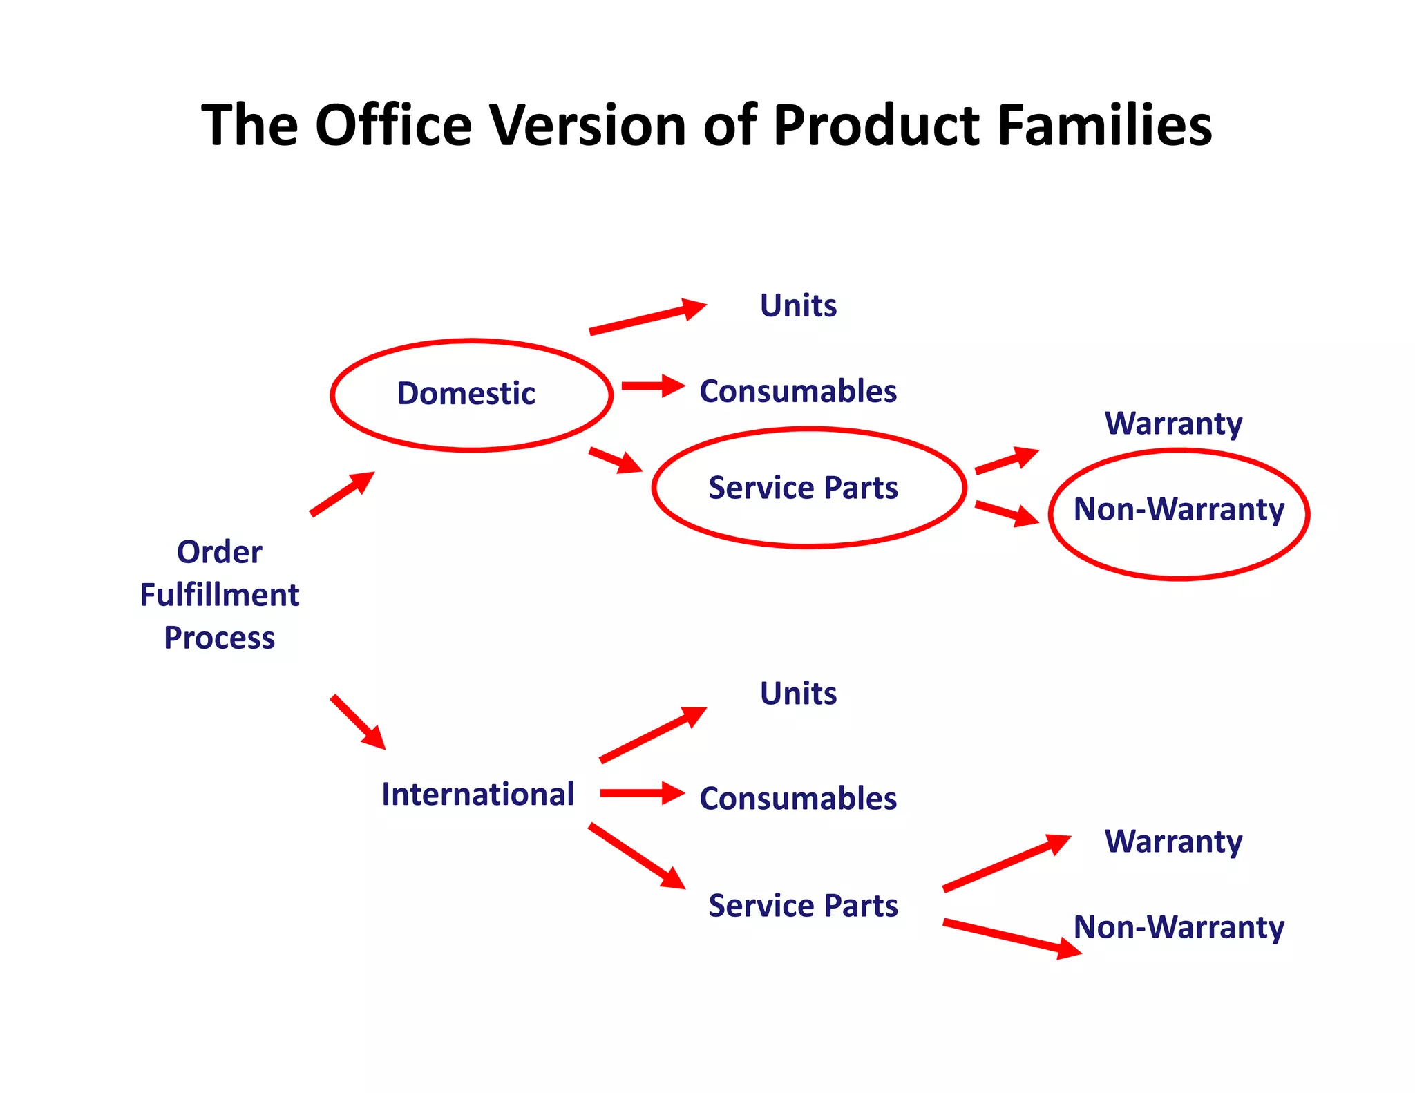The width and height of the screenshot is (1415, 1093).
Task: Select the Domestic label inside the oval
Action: click(x=466, y=394)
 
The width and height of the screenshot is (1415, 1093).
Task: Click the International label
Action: click(x=477, y=795)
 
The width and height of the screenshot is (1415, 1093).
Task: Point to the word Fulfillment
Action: click(x=219, y=595)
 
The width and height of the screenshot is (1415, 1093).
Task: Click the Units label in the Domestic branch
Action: click(x=798, y=305)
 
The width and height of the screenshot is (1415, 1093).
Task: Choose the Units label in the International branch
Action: click(x=798, y=693)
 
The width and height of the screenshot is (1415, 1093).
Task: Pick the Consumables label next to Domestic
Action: click(x=798, y=392)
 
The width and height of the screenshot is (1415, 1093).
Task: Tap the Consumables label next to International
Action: click(x=798, y=799)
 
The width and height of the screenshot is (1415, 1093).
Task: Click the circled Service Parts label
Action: click(x=803, y=488)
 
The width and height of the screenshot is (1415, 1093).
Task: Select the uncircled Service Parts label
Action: click(x=803, y=906)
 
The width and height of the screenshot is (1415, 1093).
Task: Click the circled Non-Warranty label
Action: click(x=1179, y=510)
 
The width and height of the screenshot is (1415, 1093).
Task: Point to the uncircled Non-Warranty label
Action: click(x=1179, y=927)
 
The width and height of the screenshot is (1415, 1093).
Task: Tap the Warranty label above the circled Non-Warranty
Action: click(x=1173, y=424)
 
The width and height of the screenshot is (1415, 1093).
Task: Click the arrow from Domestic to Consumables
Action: click(x=652, y=386)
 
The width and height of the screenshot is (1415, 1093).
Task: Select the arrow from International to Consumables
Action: click(x=642, y=793)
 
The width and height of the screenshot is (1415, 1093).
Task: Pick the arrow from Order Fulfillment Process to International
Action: click(x=358, y=722)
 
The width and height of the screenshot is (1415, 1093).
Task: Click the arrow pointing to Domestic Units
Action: click(x=647, y=317)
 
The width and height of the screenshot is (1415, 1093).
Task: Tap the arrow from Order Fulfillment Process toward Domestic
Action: click(x=342, y=494)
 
